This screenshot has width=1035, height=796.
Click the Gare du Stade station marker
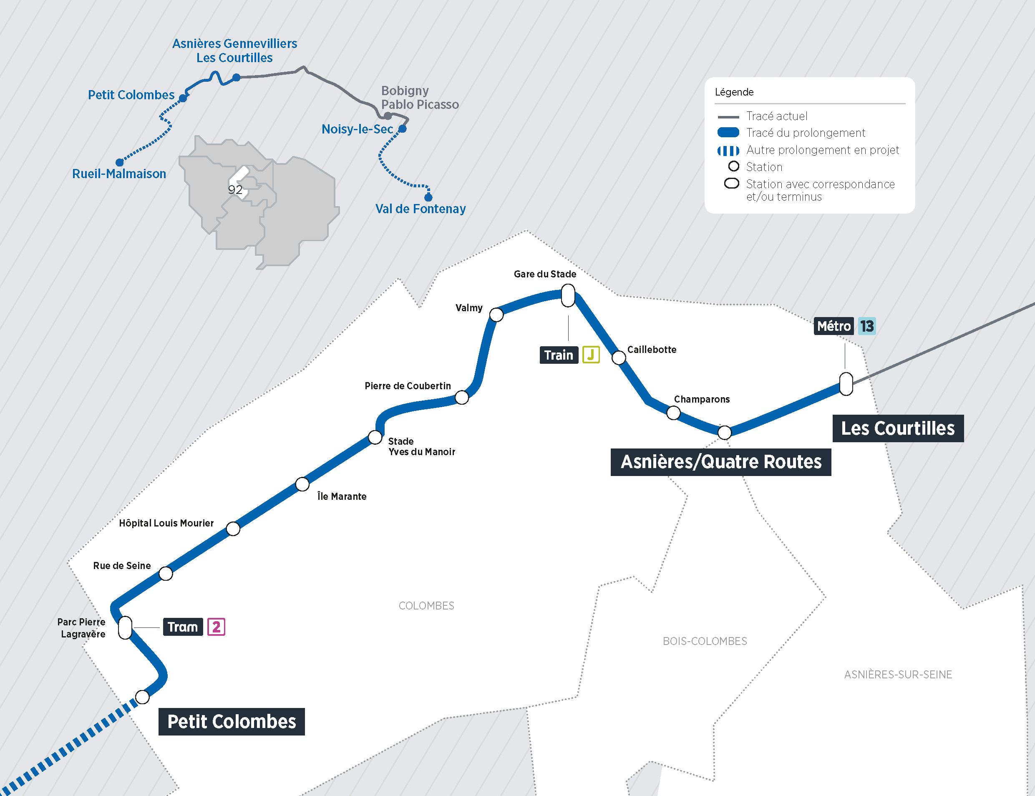(568, 296)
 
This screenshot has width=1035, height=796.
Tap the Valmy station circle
(496, 315)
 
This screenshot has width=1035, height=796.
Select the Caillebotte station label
(651, 350)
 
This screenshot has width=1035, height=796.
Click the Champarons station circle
(673, 413)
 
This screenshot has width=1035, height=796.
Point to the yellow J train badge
(591, 355)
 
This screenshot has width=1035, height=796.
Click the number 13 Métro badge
(867, 326)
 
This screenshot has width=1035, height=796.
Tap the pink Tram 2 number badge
(216, 627)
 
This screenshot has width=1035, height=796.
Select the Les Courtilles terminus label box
(898, 428)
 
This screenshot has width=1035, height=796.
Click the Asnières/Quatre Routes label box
(720, 462)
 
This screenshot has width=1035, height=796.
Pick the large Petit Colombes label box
(231, 722)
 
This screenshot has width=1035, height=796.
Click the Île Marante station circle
(302, 484)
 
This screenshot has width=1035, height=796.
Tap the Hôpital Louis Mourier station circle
(233, 529)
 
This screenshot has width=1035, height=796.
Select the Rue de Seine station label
(122, 566)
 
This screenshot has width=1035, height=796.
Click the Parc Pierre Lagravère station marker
(125, 628)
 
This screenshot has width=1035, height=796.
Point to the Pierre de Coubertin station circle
(462, 398)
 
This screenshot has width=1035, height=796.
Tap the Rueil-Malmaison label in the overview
(119, 174)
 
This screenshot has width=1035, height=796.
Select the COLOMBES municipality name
(426, 605)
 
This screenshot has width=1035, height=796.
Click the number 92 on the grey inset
(235, 190)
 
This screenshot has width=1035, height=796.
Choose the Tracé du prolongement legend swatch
(728, 133)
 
